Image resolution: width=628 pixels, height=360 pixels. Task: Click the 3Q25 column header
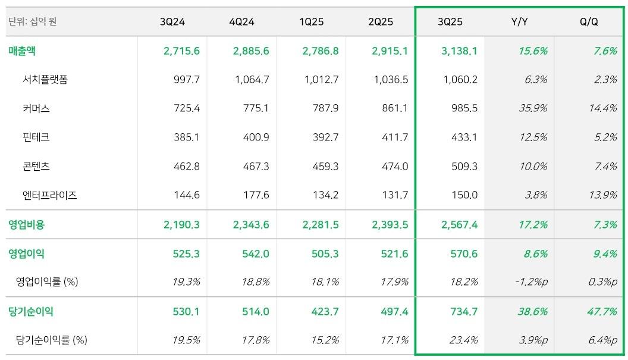pos(450,22)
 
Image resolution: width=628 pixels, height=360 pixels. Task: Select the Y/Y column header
pos(519,22)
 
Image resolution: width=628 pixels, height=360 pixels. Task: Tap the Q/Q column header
pos(589,22)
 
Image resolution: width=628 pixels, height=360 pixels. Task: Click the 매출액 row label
pos(22,51)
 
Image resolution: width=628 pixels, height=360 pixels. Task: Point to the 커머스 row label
pos(36,108)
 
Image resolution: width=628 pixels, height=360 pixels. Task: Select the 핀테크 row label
pos(36,137)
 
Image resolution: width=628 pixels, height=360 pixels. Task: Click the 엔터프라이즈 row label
pos(50,195)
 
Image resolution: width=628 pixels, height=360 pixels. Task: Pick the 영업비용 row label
pos(27,225)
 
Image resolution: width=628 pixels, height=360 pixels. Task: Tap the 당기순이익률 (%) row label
pos(52,340)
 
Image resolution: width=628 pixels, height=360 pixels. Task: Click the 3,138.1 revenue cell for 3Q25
pos(459,51)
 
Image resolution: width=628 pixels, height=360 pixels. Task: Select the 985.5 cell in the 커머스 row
pos(464,108)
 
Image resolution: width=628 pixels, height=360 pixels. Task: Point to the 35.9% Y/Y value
pos(532,108)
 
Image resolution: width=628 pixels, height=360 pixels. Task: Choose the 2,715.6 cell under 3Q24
pos(181,51)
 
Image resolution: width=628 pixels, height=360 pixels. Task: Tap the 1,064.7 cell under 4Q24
pos(252,80)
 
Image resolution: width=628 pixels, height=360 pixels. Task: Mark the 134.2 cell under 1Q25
pos(326,195)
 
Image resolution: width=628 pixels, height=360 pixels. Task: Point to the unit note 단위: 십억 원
pos(33,22)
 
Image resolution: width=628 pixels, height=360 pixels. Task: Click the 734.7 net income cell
pos(464,312)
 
